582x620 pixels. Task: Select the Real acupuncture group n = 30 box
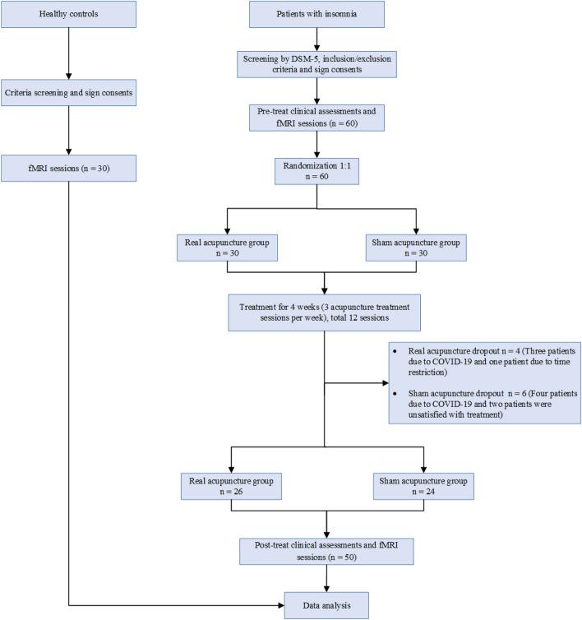pyautogui.click(x=234, y=249)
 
